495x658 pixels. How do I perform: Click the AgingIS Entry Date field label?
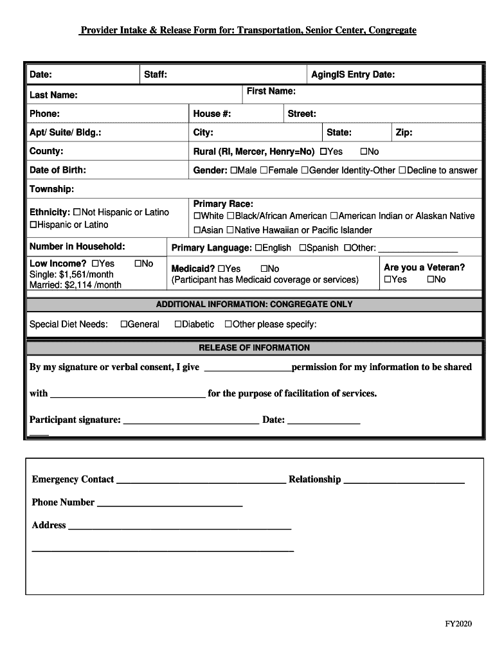point(353,75)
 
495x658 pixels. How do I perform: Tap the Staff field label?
point(156,75)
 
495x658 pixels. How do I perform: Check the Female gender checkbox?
point(264,170)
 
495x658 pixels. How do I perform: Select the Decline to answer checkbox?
point(402,170)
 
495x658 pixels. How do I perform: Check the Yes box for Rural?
point(323,152)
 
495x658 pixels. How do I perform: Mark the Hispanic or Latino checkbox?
point(33,225)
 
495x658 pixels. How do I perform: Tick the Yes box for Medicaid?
point(222,269)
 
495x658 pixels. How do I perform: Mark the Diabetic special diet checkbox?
point(178,325)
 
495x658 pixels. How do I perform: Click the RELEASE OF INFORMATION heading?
point(254,348)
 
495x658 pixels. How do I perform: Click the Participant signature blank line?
point(190,421)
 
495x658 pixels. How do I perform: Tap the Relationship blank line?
point(404,480)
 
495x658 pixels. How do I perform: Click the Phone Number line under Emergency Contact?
point(169,503)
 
